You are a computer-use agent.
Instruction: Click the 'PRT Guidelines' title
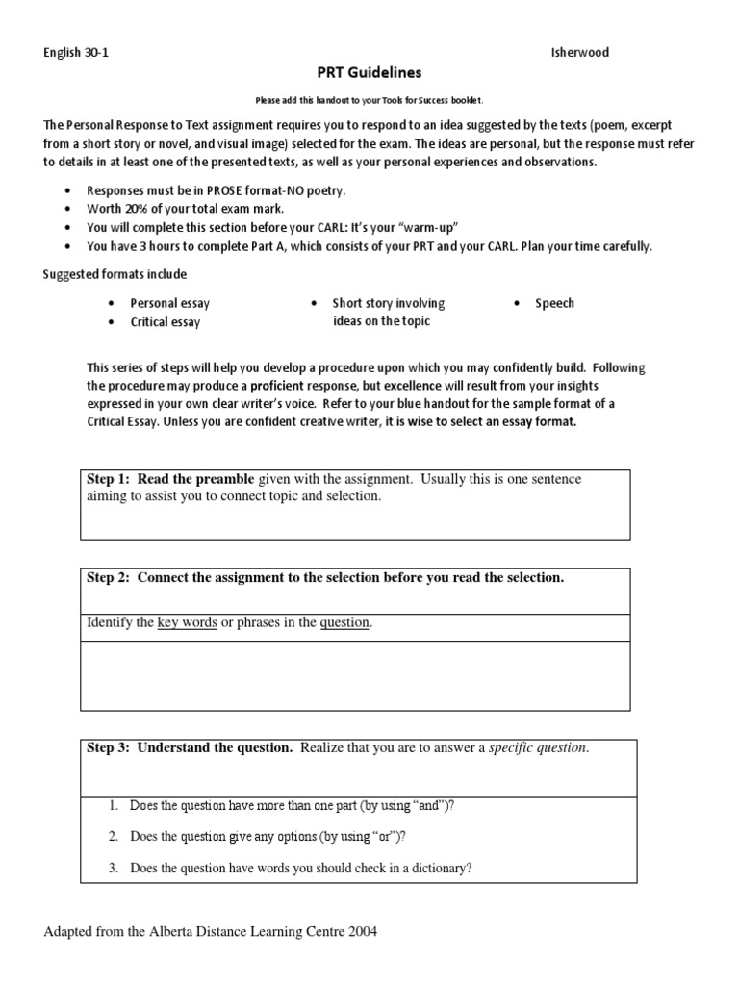(369, 73)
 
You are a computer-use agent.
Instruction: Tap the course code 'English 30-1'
(77, 53)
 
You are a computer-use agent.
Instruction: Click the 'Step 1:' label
(108, 479)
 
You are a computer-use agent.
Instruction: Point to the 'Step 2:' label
(108, 577)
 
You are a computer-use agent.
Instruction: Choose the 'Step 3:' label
(108, 747)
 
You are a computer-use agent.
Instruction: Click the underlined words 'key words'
(187, 622)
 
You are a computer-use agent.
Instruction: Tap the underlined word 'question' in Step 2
(344, 622)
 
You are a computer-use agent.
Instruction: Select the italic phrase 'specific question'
(537, 747)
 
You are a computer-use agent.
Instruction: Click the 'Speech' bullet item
(554, 303)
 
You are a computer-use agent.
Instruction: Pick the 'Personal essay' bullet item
(169, 303)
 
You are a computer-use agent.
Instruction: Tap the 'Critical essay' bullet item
(166, 322)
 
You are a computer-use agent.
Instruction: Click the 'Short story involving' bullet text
(389, 303)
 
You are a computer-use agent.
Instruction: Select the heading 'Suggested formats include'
(115, 274)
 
